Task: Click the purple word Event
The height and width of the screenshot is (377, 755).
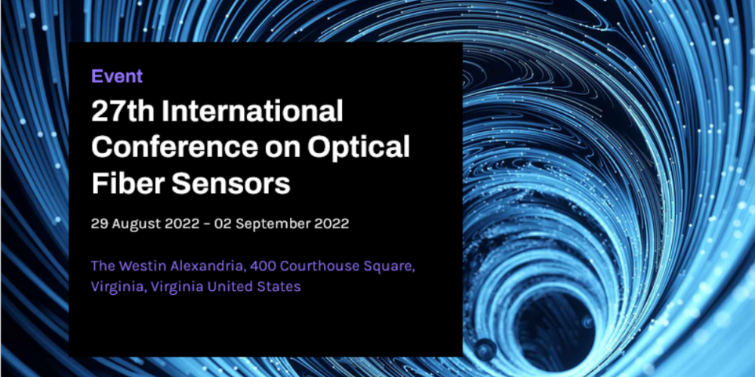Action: pos(117,76)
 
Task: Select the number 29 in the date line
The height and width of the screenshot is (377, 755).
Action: pos(99,224)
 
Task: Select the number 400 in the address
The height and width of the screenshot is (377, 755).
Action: pos(263,266)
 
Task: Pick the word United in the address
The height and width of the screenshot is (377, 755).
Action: pos(233,287)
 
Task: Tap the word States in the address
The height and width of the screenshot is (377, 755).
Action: pos(281,287)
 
